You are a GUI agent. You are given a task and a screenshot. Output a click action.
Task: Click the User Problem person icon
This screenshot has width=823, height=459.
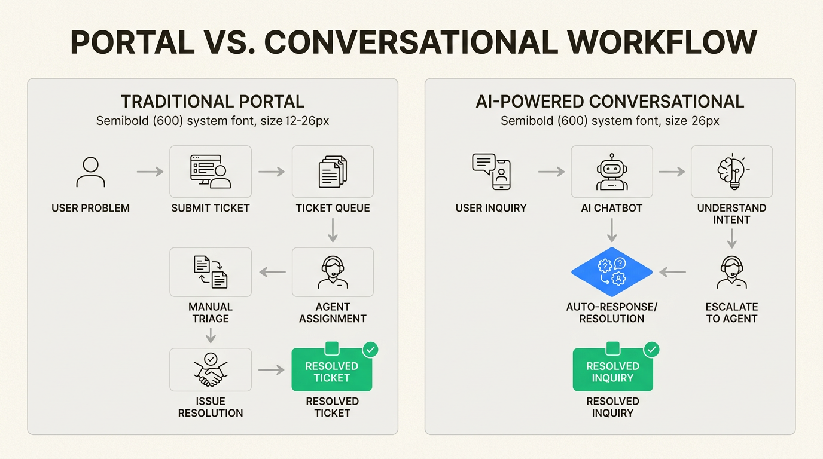(x=91, y=172)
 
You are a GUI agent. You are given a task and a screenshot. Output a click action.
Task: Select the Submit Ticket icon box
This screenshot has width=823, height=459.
(x=211, y=172)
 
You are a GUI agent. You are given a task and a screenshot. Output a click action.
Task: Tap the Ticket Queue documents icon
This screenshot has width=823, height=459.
(x=333, y=172)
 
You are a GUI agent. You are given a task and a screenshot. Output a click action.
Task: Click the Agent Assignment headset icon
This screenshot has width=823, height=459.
(x=333, y=273)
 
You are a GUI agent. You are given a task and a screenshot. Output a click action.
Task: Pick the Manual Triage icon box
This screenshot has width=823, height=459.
(x=211, y=273)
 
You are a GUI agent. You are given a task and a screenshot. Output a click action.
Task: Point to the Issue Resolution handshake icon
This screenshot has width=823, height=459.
(x=211, y=371)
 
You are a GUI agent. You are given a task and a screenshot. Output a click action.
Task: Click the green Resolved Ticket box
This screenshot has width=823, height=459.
(x=332, y=371)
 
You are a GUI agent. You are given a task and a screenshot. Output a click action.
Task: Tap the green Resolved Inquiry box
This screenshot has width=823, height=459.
(x=612, y=371)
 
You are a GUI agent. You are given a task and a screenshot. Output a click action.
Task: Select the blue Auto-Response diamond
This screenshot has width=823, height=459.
(x=611, y=273)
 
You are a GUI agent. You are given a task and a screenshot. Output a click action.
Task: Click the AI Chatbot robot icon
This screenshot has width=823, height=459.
(x=611, y=172)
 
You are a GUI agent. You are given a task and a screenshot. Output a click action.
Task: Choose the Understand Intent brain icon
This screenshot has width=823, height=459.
(x=731, y=172)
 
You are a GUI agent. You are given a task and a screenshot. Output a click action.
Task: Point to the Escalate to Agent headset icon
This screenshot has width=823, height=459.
(x=731, y=273)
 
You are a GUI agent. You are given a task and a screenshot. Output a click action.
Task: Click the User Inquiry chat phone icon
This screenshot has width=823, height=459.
(x=491, y=172)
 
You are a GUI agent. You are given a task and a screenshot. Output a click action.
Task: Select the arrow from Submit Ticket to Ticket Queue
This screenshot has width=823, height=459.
(x=272, y=172)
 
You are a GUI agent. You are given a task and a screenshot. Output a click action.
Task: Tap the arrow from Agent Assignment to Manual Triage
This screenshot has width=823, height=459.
(x=272, y=273)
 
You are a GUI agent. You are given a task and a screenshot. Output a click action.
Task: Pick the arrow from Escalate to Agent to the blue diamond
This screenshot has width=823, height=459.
(x=673, y=273)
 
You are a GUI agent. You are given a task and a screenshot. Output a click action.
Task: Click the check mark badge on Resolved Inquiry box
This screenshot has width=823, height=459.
(x=651, y=349)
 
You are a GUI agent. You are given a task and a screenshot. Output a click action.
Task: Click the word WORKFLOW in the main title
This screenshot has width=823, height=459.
(x=662, y=42)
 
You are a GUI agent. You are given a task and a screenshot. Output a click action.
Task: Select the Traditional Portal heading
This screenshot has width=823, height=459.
(x=212, y=102)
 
